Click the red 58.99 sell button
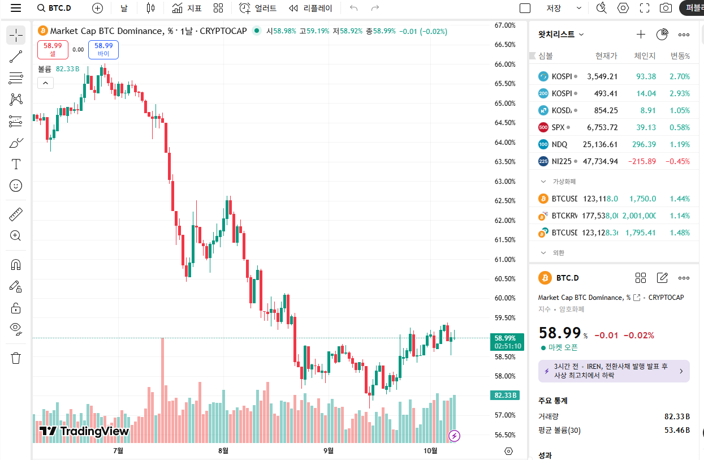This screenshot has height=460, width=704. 53,49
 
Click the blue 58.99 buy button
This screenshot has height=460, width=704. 103,49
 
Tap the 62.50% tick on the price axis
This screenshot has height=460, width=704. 505,201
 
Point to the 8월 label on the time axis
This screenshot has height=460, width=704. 223,450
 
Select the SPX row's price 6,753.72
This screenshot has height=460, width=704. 602,127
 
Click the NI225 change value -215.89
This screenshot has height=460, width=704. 642,161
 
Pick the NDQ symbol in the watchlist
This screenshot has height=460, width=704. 559,144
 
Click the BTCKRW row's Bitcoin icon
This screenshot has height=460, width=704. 543,216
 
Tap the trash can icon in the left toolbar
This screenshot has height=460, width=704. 16,358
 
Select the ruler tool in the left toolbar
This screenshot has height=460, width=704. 16,215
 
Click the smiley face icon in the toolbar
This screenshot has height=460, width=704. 16,185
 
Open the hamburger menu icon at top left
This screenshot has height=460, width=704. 16,8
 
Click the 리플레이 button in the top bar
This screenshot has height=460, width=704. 311,8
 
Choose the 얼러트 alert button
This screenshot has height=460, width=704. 258,8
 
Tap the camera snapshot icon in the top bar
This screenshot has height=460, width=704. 666,8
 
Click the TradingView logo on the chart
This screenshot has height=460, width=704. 84,431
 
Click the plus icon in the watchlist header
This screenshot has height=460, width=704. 641,35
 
